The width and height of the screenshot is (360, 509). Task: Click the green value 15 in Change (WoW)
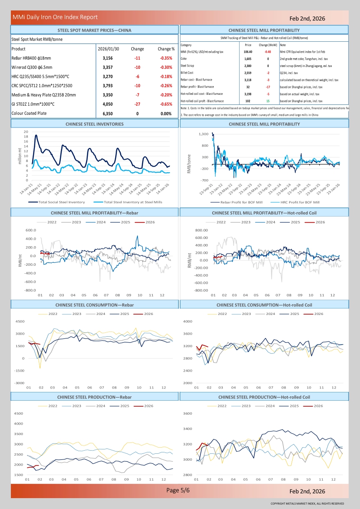point(268,101)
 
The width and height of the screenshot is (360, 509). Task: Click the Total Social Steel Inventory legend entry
point(61,202)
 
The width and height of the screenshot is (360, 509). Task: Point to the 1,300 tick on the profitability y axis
point(203,134)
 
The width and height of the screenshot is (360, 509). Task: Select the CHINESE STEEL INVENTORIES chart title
point(94,124)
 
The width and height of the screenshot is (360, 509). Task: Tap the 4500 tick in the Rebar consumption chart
point(20,321)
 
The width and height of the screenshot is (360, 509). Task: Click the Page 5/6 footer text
point(178,490)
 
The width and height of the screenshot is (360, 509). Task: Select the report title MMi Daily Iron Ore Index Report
point(55,17)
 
